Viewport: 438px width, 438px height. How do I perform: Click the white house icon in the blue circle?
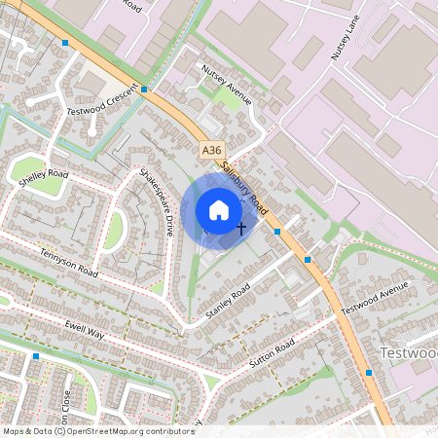(219, 210)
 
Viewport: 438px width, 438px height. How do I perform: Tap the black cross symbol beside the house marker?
(241, 226)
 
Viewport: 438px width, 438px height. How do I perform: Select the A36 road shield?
(212, 150)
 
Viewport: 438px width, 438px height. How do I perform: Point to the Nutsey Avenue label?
(226, 85)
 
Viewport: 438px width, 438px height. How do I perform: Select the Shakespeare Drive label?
(155, 201)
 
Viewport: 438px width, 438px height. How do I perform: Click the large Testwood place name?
(410, 351)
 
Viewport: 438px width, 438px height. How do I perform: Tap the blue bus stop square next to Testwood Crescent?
(144, 90)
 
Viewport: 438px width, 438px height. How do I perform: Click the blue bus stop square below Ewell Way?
(36, 357)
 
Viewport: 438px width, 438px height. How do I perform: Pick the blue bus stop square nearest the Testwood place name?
(369, 372)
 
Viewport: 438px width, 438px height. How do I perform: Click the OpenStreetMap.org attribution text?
(127, 430)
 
